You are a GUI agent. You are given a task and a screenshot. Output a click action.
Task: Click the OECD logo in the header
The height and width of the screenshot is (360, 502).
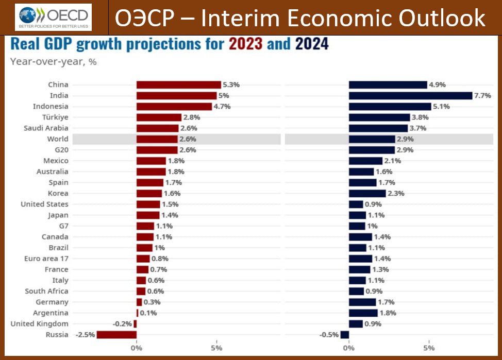(54, 17)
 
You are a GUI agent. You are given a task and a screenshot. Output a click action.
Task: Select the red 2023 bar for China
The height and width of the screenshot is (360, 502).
(178, 84)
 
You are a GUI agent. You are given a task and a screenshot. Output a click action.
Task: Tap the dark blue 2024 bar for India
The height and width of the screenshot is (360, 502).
(410, 95)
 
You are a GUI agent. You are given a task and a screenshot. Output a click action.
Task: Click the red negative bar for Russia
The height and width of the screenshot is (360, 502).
(116, 335)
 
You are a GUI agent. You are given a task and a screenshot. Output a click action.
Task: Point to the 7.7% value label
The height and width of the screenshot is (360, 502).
(484, 95)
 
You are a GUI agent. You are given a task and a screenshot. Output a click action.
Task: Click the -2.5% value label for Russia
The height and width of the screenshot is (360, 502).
(85, 335)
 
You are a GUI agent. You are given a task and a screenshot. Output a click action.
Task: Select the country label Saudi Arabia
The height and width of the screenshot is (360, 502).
(46, 128)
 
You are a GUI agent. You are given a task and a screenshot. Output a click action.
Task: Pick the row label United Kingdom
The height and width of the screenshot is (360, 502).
(39, 324)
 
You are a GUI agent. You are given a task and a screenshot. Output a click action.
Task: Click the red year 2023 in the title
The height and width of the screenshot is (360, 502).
(245, 44)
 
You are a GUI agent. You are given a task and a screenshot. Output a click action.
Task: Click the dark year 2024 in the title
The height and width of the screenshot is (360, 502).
(311, 44)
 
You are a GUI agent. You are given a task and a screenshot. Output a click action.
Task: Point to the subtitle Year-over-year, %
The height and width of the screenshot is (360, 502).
(54, 62)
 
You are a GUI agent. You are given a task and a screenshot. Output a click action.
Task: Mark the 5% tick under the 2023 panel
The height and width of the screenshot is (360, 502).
(216, 348)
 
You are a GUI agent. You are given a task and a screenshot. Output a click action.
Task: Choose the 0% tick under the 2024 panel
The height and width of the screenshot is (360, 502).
(349, 348)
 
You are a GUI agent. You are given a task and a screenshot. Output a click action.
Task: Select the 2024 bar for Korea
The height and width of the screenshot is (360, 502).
(367, 193)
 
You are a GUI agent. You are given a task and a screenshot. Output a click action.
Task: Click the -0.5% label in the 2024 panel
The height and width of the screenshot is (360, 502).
(329, 335)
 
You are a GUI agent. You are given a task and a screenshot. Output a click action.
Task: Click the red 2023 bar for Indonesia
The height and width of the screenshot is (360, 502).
(174, 107)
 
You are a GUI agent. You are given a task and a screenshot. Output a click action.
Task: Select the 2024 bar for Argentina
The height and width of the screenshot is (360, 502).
(363, 313)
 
